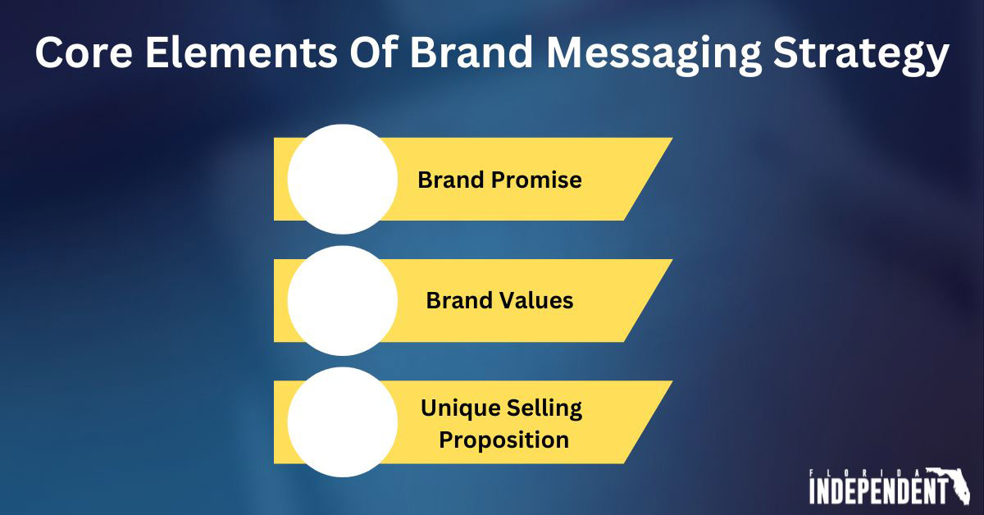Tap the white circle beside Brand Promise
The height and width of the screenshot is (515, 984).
[x=343, y=179]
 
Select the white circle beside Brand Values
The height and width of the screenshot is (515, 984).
[x=343, y=300]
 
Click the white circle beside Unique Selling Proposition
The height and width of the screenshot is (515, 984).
[x=343, y=422]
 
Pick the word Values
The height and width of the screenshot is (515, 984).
[x=536, y=301]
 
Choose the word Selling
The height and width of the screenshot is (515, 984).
[x=544, y=407]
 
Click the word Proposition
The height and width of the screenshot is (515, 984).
[x=503, y=440]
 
